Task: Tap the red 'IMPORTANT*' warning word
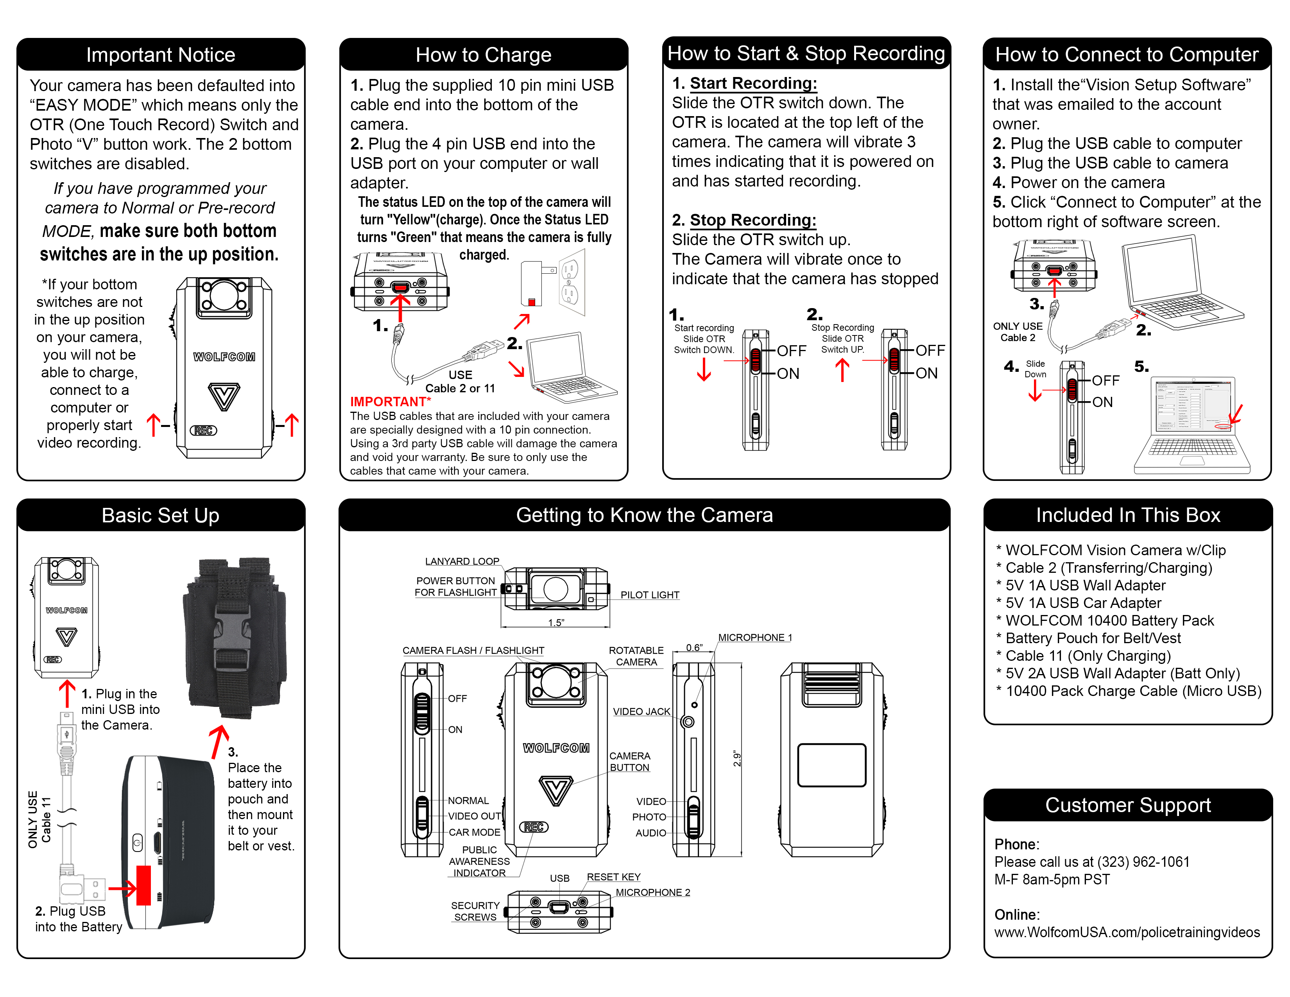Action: coord(390,402)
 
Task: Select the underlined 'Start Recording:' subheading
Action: coord(753,83)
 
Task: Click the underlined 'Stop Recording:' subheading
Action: coord(753,220)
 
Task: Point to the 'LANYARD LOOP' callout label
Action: coord(462,561)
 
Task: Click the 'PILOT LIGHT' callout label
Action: coord(650,595)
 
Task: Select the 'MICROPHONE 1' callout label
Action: coord(755,637)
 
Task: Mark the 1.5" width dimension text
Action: coord(556,622)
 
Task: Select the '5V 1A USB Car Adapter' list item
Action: coord(1083,603)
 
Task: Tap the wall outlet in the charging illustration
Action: coord(571,282)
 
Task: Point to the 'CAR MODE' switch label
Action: coord(474,832)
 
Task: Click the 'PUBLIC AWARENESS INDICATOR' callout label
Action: coord(479,861)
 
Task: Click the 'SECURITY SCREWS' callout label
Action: coord(475,911)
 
